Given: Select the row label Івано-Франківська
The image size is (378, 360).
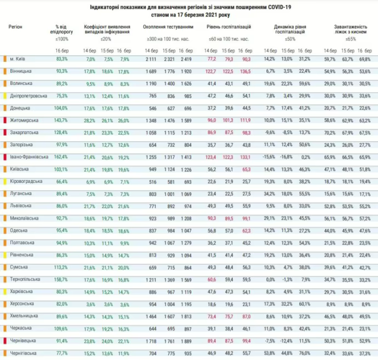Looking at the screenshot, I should pos(25,156).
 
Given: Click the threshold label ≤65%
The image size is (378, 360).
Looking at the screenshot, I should pos(351,39).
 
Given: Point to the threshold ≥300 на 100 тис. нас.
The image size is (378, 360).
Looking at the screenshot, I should pos(168,39).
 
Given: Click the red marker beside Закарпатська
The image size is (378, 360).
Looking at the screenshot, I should pos(4,132).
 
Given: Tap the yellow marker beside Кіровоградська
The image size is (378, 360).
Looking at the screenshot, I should pos(4,181).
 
